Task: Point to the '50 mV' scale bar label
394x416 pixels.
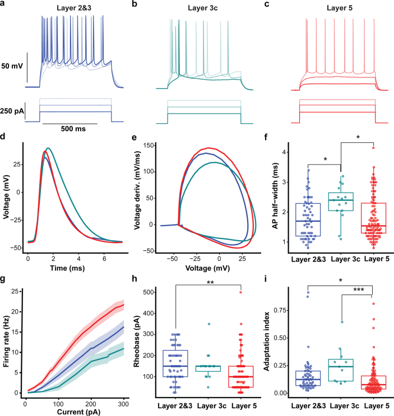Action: (x=12, y=66)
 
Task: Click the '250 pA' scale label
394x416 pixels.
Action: (x=12, y=111)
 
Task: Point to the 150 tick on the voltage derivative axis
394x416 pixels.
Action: (x=147, y=146)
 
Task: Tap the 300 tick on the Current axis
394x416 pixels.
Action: (x=123, y=404)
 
